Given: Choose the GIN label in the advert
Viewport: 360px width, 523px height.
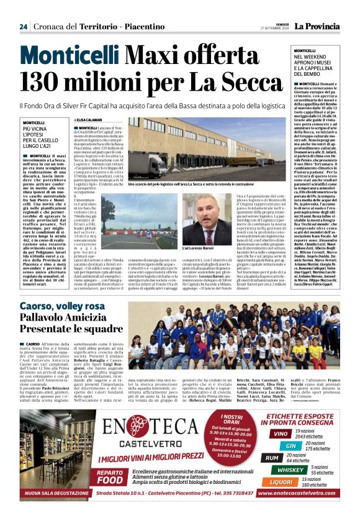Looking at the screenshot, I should (x=290, y=445).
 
